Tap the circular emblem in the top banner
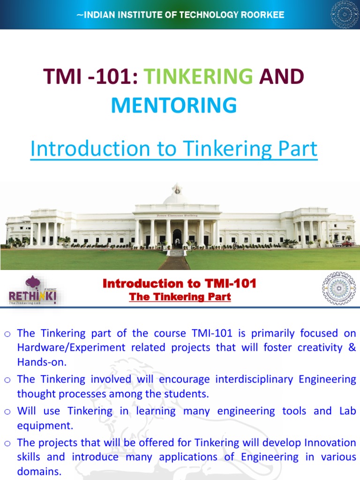(x=345, y=15)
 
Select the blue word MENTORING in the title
(x=174, y=105)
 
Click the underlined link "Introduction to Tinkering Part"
(x=174, y=149)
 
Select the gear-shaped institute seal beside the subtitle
(x=338, y=288)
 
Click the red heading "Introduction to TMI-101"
(x=180, y=284)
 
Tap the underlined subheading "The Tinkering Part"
(x=180, y=297)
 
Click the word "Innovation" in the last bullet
(x=330, y=442)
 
